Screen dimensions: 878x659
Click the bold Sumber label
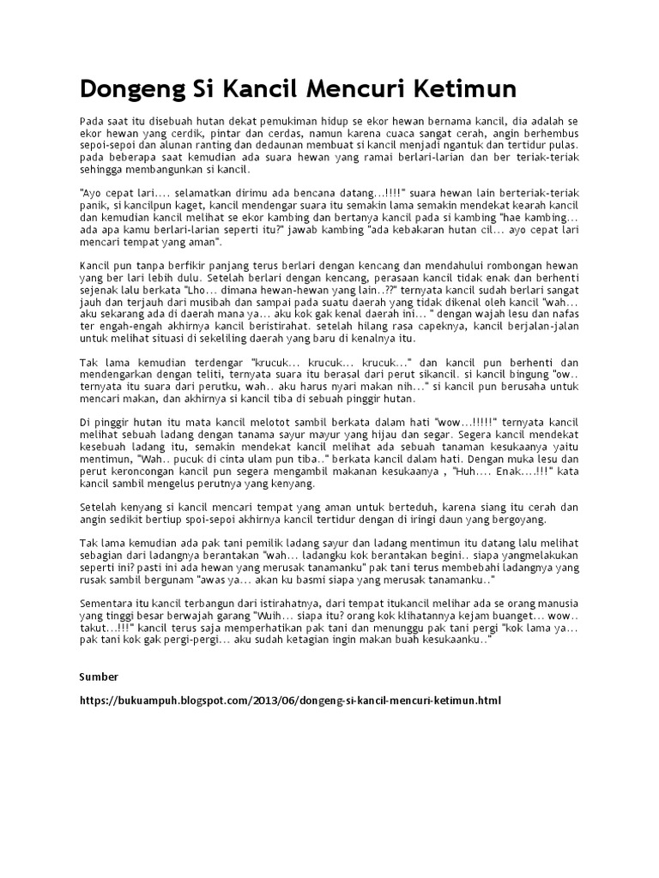coord(98,677)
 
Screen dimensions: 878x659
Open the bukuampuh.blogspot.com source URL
coord(291,700)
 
